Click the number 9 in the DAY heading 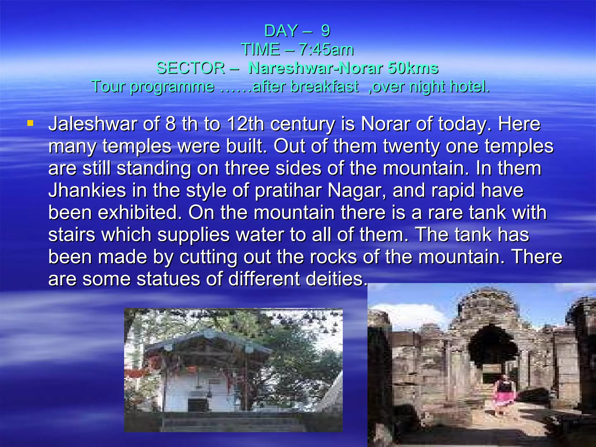325,31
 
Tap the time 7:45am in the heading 326,49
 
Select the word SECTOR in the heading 191,68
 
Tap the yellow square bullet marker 30,124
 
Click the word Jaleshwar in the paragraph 93,124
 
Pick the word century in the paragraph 302,125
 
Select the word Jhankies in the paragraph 87,191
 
